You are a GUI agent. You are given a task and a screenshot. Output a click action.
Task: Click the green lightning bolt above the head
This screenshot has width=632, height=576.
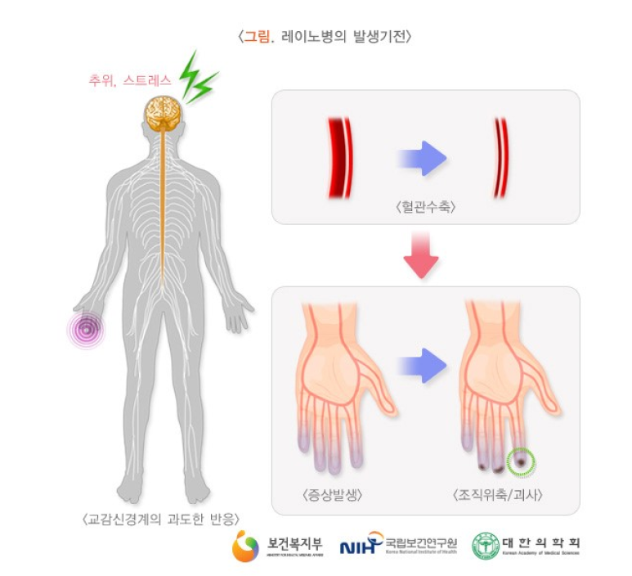point(199,79)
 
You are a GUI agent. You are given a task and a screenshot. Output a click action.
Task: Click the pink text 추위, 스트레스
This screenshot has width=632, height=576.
point(131,81)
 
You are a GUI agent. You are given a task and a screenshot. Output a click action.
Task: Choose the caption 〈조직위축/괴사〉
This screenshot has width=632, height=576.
point(498,495)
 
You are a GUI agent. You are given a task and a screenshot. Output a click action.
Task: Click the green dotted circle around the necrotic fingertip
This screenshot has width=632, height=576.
point(521,463)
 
